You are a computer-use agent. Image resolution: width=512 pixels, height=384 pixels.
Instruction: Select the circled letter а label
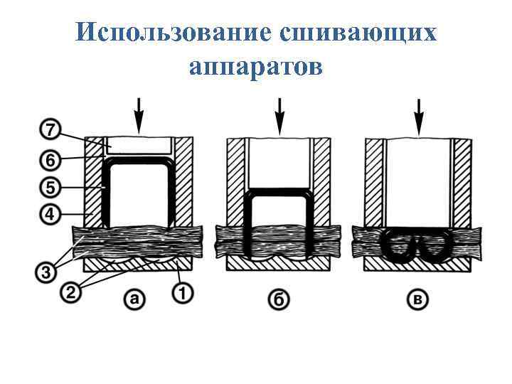(135, 299)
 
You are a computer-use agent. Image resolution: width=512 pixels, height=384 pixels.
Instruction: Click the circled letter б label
(279, 299)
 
